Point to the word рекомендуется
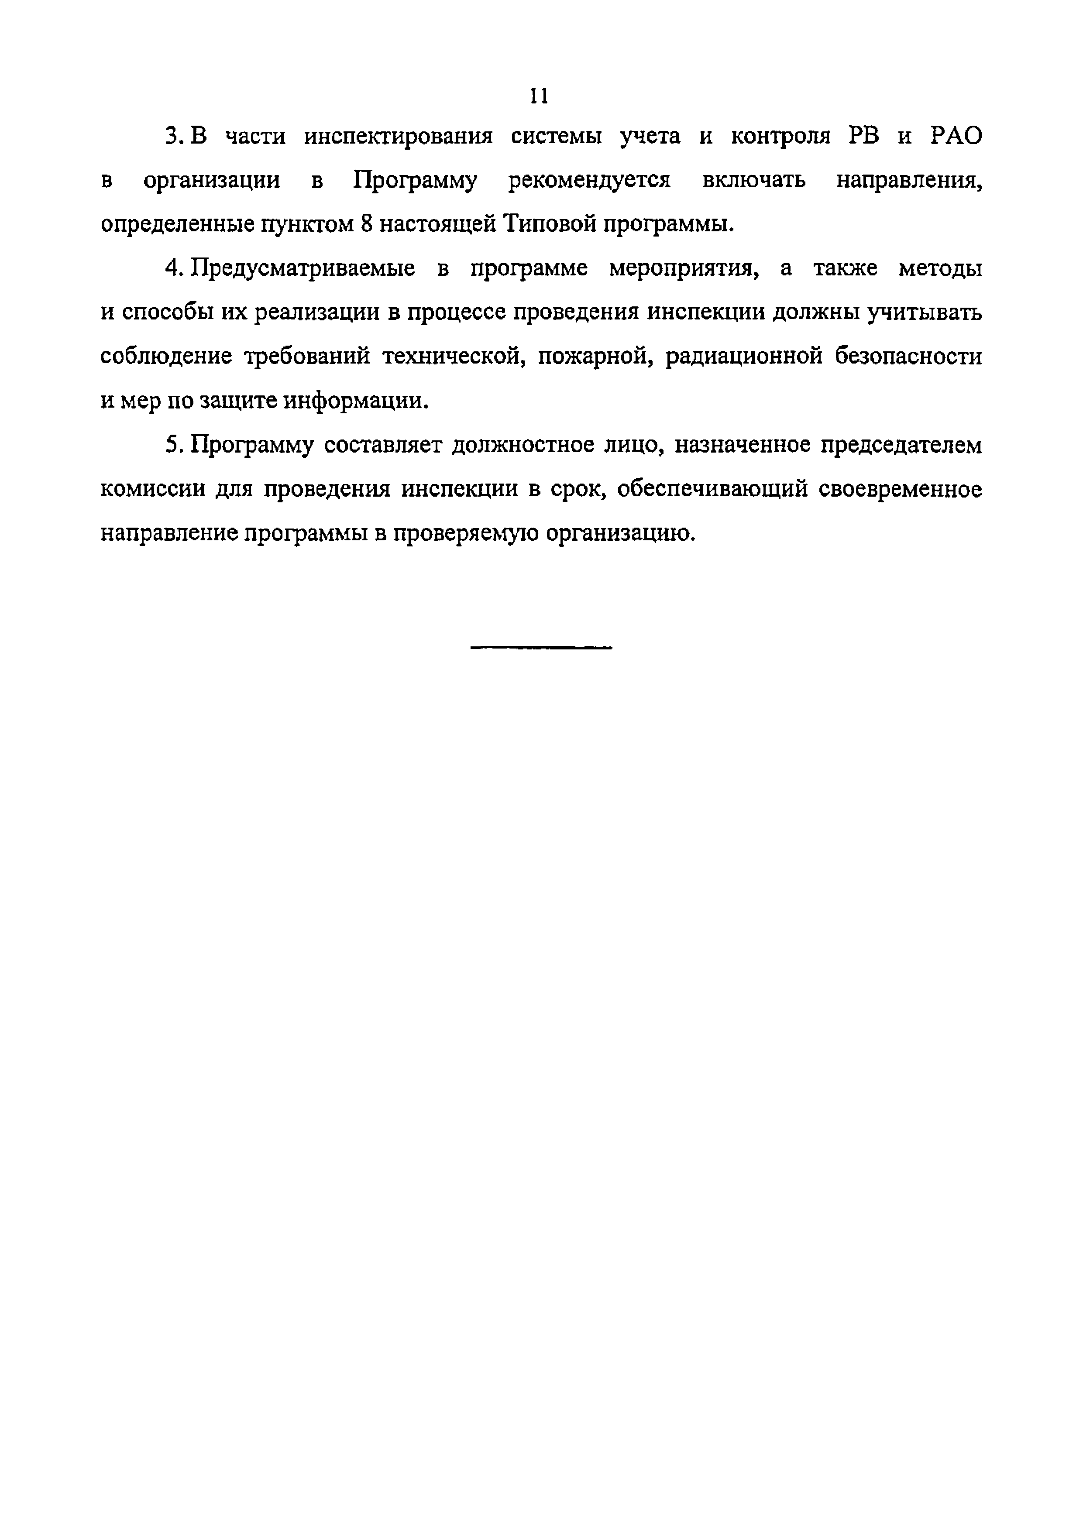tap(589, 181)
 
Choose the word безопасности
tap(908, 357)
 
